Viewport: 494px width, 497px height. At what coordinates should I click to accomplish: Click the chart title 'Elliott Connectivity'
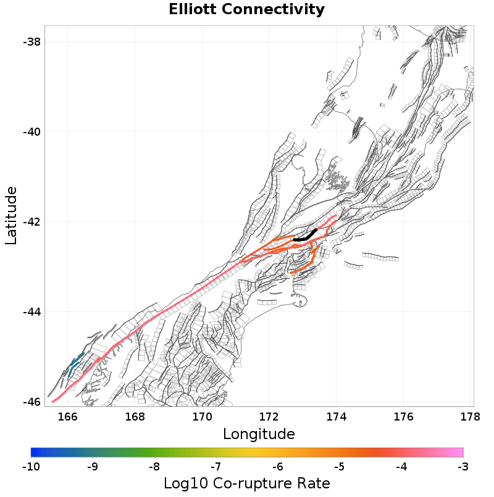246,9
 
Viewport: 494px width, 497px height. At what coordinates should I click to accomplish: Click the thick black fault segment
305,237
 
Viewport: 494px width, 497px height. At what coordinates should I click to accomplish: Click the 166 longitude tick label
67,416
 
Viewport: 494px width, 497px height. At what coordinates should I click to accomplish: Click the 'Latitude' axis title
12,216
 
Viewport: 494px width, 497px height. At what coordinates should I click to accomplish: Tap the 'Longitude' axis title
259,433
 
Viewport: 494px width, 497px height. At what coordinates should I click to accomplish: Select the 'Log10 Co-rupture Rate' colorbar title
246,483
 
